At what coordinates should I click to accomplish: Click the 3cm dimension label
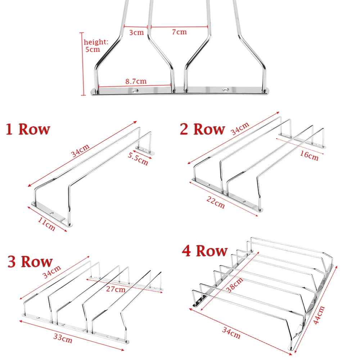coord(136,32)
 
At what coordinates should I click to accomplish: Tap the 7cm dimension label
coord(179,32)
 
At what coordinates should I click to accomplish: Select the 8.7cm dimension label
coord(136,81)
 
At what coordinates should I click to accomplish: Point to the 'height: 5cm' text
coord(96,45)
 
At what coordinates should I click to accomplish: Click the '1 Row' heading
coord(28,129)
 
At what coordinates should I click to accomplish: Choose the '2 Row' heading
coord(202,129)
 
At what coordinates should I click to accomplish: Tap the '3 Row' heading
coord(30,261)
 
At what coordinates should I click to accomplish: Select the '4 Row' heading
coord(205,251)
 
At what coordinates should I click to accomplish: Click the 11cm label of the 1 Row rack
coord(46,224)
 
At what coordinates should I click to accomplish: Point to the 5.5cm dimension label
coord(138,159)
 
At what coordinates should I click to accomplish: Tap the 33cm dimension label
coord(63,338)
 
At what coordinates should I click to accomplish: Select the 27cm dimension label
coord(116,289)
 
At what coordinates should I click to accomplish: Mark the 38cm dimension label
coord(234,285)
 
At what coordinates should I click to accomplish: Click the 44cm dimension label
coord(319,315)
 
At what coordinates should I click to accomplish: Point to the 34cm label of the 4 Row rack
coord(231,333)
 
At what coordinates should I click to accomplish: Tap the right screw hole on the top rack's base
coord(225,90)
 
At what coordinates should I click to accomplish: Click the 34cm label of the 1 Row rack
coord(80,150)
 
